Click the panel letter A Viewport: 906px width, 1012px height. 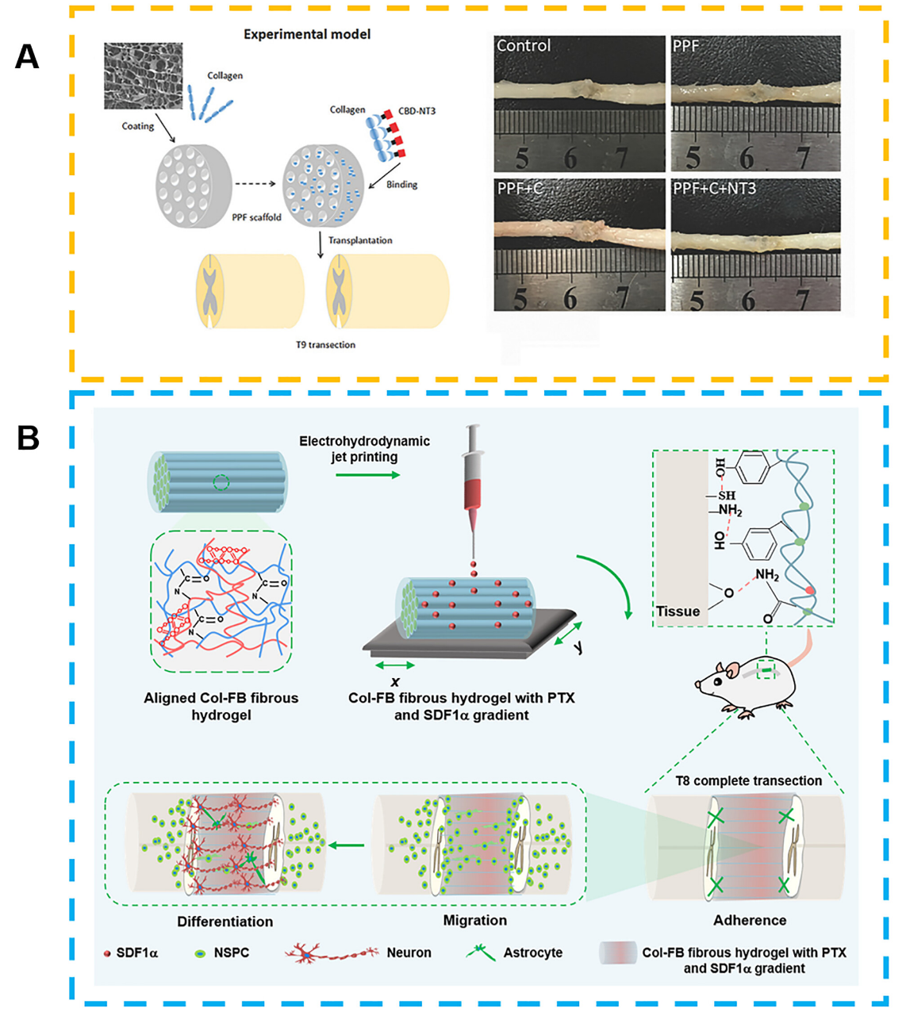27,56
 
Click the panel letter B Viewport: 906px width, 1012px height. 28,437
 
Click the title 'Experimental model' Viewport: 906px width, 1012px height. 306,34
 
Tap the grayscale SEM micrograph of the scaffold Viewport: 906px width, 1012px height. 143,76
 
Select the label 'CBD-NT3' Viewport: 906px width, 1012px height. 417,111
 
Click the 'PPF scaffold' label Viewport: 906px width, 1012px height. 256,217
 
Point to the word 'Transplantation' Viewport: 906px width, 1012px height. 360,240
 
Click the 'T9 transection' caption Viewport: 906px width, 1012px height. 325,345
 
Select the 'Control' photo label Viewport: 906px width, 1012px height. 524,46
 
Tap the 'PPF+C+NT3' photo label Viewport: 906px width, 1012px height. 714,189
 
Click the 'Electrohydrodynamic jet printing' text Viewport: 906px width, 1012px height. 364,449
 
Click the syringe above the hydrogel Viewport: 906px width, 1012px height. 474,476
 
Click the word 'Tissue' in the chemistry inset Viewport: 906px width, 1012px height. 678,611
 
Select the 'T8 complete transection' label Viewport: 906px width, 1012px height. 748,781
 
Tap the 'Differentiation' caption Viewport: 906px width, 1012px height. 225,922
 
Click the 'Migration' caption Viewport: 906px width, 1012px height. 474,920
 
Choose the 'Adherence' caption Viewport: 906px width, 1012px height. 750,920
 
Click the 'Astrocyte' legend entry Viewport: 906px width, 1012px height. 532,953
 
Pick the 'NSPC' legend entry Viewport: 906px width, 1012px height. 231,953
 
